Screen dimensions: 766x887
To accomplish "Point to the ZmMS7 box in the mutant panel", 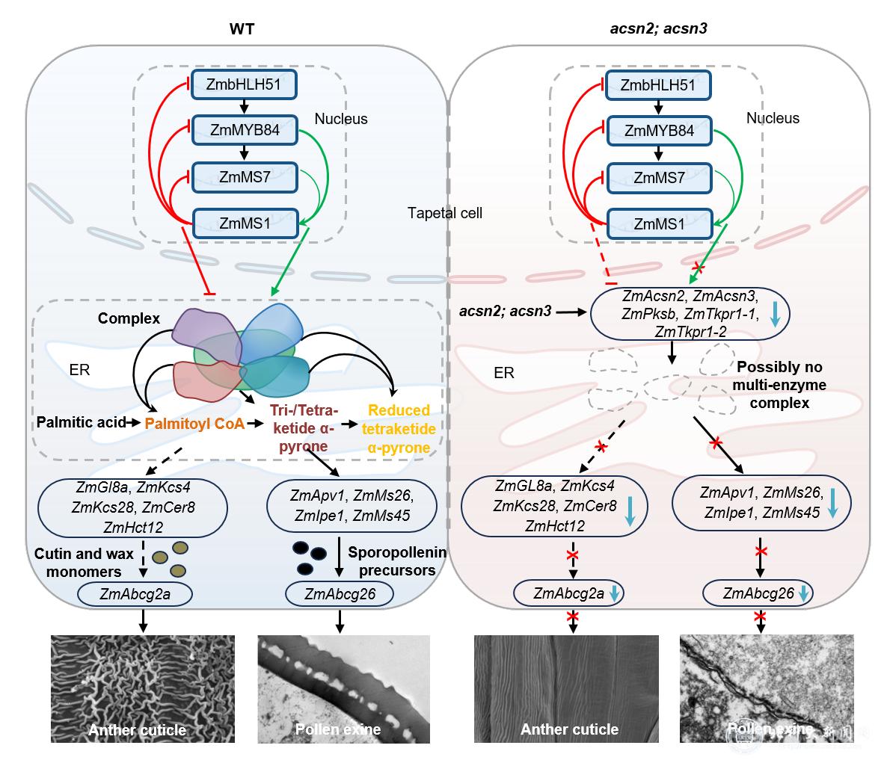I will (x=658, y=177).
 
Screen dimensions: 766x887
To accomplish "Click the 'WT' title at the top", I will (x=242, y=28).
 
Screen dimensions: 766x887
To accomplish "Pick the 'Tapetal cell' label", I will (x=445, y=213).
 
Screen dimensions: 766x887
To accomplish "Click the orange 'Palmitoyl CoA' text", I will (x=195, y=424).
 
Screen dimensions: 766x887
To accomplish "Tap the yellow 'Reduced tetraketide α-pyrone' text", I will (x=399, y=429).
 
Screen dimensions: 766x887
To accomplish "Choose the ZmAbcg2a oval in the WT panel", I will (x=135, y=593).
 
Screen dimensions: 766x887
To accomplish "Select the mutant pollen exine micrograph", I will (x=767, y=688).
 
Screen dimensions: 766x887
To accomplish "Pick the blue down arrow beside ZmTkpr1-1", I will (x=775, y=317).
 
